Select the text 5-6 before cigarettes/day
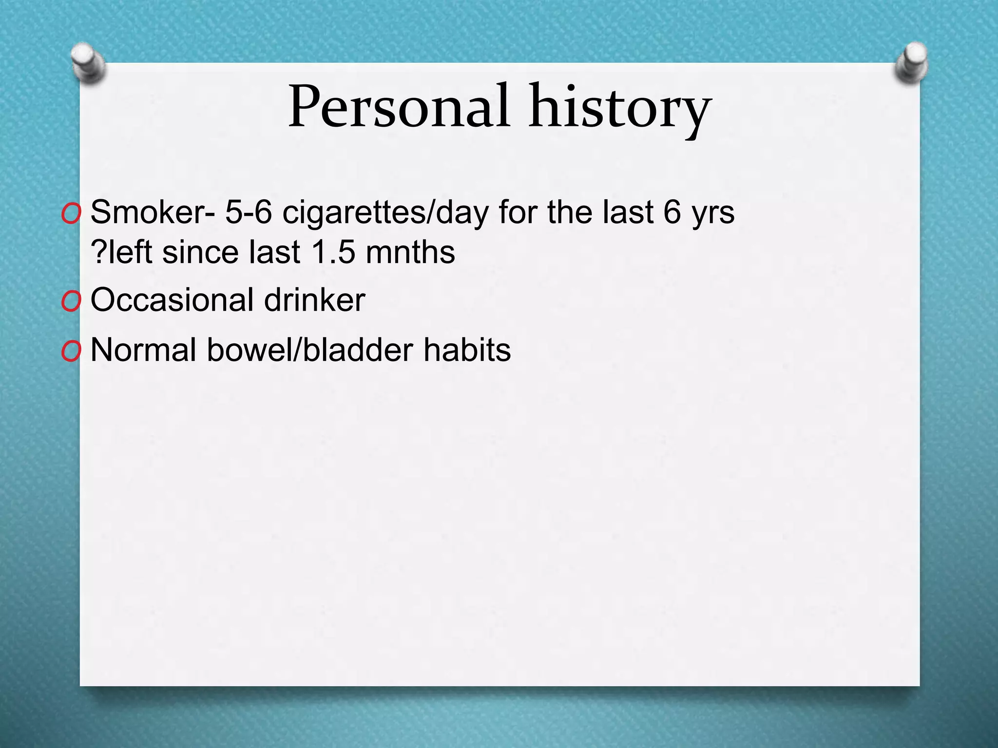248,213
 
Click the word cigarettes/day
385,213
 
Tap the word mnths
410,252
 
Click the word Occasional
172,300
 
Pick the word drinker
314,300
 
